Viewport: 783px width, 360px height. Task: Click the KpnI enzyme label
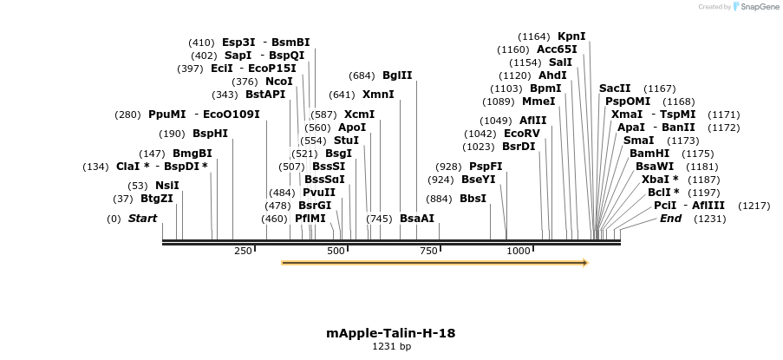571,36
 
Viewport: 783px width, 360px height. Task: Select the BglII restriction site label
397,75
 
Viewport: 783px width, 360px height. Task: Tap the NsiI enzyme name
167,185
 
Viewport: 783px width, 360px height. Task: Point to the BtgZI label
157,198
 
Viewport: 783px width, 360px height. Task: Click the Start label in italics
142,219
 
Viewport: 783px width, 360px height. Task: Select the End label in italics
670,219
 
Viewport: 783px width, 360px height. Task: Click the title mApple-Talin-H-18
391,333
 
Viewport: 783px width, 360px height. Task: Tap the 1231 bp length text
391,347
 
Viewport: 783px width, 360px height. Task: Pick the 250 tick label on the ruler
243,252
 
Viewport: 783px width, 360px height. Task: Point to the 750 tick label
428,252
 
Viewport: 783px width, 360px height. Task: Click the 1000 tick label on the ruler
519,252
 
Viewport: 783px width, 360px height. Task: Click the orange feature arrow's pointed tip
587,262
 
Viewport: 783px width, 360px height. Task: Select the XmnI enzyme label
378,95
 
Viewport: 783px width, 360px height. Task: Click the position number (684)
362,75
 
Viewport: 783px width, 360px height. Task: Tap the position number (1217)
754,206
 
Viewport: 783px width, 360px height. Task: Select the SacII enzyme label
615,88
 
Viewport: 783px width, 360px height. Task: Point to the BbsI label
473,198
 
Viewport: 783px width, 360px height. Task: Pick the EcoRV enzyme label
522,134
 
